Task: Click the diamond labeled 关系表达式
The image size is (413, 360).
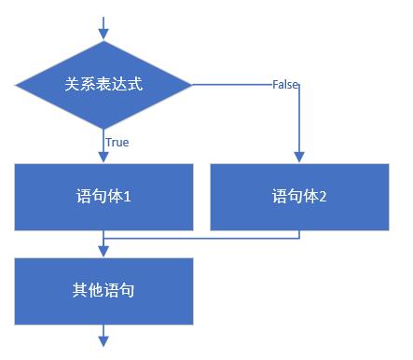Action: pyautogui.click(x=104, y=84)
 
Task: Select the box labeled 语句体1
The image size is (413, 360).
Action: pyautogui.click(x=104, y=197)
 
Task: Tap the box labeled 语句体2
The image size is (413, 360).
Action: pyautogui.click(x=299, y=197)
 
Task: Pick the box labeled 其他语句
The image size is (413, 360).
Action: pyautogui.click(x=104, y=291)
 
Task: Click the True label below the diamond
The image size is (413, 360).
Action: pyautogui.click(x=117, y=143)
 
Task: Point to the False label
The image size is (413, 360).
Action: pyautogui.click(x=285, y=85)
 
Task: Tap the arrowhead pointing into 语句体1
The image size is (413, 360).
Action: pyautogui.click(x=104, y=158)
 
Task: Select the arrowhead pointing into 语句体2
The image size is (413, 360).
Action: pyautogui.click(x=299, y=158)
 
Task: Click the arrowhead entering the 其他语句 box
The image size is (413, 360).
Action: pyautogui.click(x=104, y=252)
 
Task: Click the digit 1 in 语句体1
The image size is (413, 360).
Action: pyautogui.click(x=137, y=197)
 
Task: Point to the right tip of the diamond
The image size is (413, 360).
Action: pyautogui.click(x=191, y=85)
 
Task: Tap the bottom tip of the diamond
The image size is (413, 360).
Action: pyautogui.click(x=104, y=129)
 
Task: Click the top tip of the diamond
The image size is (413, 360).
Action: pyautogui.click(x=104, y=40)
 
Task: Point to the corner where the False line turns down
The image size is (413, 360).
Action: pyautogui.click(x=299, y=85)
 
